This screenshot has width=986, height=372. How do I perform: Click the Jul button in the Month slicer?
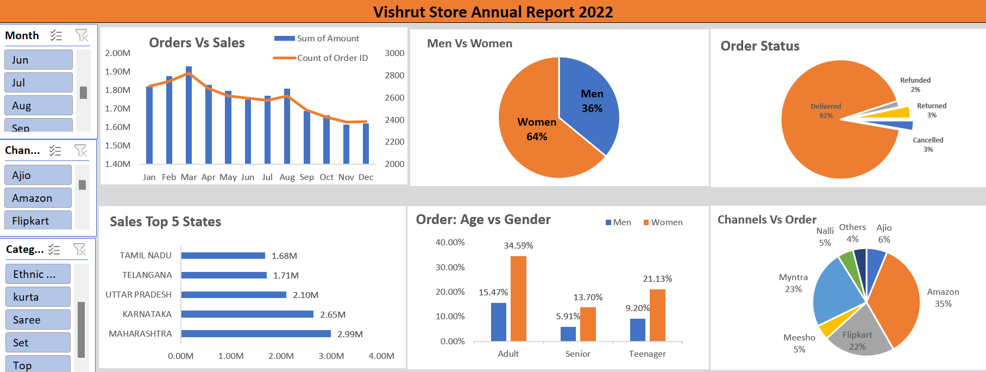point(38,83)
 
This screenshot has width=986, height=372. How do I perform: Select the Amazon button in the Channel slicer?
point(38,198)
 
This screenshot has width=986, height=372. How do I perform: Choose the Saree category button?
point(38,320)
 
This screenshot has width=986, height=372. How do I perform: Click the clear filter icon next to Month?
point(81,35)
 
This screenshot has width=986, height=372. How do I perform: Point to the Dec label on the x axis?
point(366,177)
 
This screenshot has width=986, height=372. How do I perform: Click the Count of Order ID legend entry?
point(332,58)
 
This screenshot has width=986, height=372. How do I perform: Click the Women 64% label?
point(537,129)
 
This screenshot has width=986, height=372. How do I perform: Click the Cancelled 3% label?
point(928,144)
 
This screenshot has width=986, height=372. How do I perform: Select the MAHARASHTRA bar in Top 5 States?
point(256,334)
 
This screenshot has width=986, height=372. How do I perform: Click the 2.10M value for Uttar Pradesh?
point(305,295)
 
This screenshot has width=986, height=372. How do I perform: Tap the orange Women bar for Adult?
point(518,299)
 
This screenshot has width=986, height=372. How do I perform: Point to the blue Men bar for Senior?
point(568,334)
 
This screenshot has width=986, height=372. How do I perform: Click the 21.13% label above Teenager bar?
point(657,278)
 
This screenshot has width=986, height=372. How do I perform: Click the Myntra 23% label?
point(793,283)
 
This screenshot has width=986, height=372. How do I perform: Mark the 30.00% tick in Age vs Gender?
point(450,267)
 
